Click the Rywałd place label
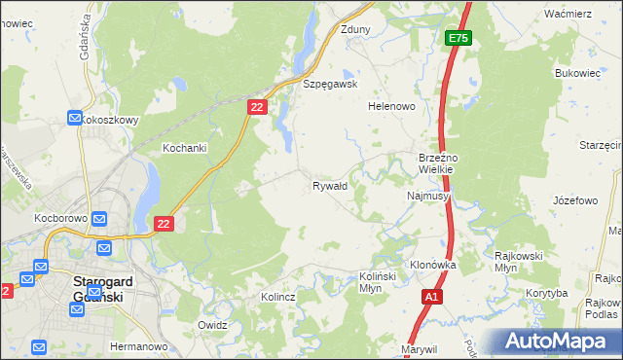point(330,186)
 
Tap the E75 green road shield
point(458,38)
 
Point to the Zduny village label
point(355,29)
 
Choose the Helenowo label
point(392,106)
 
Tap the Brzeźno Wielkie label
point(445,162)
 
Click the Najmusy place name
point(427,196)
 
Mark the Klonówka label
point(433,265)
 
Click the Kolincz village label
point(278,296)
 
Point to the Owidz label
point(212,325)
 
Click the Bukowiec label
point(574,73)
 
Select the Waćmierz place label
point(568,14)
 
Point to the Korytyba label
point(546,292)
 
